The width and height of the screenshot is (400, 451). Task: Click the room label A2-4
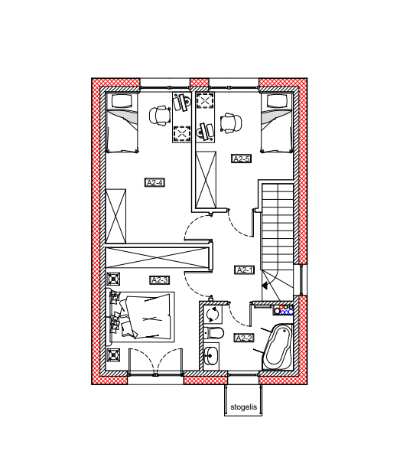(x=154, y=183)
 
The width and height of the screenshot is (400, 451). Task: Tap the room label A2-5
(x=242, y=159)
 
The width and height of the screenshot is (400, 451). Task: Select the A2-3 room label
(x=160, y=280)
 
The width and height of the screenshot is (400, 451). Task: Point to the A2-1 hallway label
(x=244, y=270)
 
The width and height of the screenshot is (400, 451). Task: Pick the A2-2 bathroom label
(x=244, y=338)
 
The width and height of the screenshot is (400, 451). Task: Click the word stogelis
(x=244, y=407)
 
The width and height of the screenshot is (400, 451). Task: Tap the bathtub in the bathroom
(x=278, y=347)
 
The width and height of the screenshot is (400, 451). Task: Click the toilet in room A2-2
(x=213, y=333)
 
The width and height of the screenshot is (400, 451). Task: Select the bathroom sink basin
(x=211, y=356)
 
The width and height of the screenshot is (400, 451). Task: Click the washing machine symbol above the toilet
(x=213, y=314)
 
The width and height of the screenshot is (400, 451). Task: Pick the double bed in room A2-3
(x=142, y=317)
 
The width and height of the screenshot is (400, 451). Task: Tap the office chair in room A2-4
(x=159, y=116)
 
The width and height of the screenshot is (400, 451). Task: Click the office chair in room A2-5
(x=231, y=123)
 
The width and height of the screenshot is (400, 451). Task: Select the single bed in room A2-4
(x=122, y=123)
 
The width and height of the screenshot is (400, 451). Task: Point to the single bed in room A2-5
(x=276, y=123)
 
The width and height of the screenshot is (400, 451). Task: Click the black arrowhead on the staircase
(x=265, y=286)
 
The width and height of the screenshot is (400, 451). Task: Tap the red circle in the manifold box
(x=281, y=308)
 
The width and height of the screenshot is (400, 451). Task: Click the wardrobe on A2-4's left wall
(x=115, y=216)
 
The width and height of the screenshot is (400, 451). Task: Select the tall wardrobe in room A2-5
(x=206, y=180)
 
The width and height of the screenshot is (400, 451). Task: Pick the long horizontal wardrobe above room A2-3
(x=157, y=258)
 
